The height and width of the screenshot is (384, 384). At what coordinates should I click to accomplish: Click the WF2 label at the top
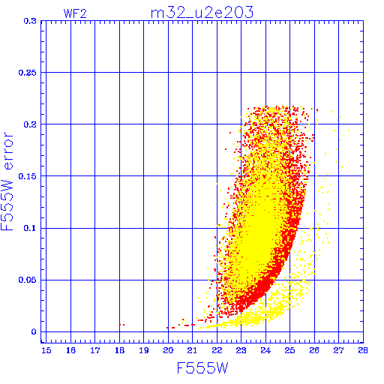pos(75,13)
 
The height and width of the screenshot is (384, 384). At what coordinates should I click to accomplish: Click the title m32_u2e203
pos(202,13)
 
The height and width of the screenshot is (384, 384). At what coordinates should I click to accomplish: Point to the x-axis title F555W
pos(202,368)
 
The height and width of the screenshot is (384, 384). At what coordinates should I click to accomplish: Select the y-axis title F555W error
pos(7,181)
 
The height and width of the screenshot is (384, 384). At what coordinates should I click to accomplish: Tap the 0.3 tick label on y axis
pos(30,21)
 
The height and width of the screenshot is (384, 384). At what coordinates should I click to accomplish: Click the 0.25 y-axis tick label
pos(28,73)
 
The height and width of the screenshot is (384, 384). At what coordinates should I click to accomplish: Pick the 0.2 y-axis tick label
pos(30,124)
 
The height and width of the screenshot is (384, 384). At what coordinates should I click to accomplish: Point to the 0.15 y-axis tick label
pos(28,176)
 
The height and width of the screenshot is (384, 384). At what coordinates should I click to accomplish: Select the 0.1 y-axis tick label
pos(30,228)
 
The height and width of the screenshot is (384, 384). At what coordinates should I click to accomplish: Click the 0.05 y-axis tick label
pos(28,280)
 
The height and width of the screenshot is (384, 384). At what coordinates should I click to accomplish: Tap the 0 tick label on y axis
pos(34,332)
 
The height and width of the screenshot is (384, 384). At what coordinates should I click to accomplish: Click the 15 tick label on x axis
pos(46,350)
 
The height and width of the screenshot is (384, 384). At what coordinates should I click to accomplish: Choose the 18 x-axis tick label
pos(119,350)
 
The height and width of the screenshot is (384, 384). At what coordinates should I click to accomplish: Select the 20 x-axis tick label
pos(168,350)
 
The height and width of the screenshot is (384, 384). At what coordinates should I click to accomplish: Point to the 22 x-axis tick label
pos(217,350)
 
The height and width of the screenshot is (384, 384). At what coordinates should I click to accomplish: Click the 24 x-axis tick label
pos(265,350)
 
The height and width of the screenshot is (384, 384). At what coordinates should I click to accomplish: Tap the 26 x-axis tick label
pos(314,350)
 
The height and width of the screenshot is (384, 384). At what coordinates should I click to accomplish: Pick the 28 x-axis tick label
pos(363,350)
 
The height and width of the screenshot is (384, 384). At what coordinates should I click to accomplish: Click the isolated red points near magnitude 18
pos(121,325)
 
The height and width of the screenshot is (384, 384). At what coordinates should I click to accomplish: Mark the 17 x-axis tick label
pos(95,350)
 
